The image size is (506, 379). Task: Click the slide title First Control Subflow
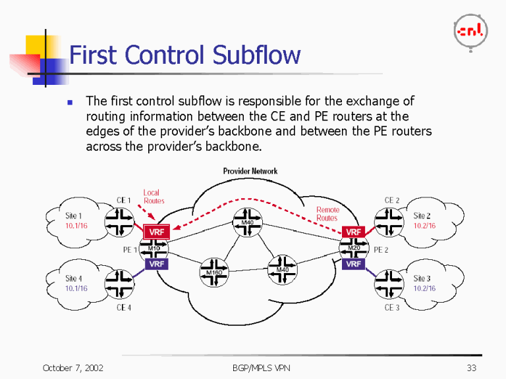pos(185,55)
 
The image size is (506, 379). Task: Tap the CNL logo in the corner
pos(470,31)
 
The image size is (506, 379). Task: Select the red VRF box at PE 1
pos(156,232)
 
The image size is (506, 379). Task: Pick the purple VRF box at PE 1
pos(156,264)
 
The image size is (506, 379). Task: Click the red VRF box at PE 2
pos(354,232)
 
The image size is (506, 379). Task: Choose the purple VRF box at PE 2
pos(354,264)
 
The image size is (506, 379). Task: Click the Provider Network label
pos(250,171)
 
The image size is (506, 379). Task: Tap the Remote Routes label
pos(327,214)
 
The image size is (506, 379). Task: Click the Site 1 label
pos(74,216)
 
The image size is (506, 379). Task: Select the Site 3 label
pos(422,279)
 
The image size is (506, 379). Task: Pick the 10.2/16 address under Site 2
pos(424,226)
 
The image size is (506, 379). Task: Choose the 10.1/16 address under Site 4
pos(76,288)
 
